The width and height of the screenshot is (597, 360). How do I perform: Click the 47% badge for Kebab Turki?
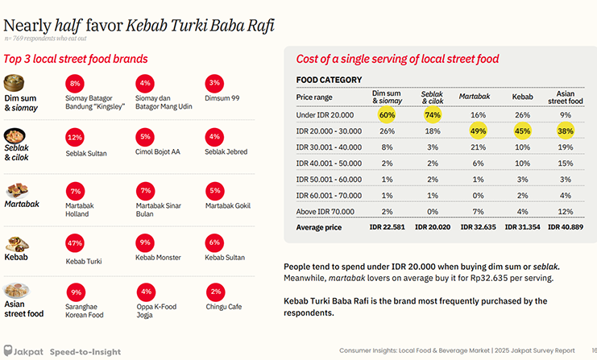(75, 242)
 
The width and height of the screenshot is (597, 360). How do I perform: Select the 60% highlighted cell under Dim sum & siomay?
(387, 114)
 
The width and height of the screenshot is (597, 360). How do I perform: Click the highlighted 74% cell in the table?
(433, 114)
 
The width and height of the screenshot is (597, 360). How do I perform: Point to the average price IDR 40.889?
(566, 227)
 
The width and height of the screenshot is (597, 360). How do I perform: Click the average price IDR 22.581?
(387, 227)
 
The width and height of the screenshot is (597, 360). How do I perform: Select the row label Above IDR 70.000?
(324, 211)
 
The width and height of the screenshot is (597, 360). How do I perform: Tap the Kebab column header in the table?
(522, 97)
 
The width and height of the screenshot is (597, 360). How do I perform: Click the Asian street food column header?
(566, 97)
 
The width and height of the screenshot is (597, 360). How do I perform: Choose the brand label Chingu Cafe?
(223, 306)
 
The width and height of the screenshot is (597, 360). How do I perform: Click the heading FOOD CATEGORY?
(329, 80)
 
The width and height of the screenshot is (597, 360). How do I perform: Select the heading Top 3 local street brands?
(76, 59)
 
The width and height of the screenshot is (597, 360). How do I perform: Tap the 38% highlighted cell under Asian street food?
(565, 130)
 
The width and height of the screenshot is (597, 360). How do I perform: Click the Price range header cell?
(315, 97)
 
